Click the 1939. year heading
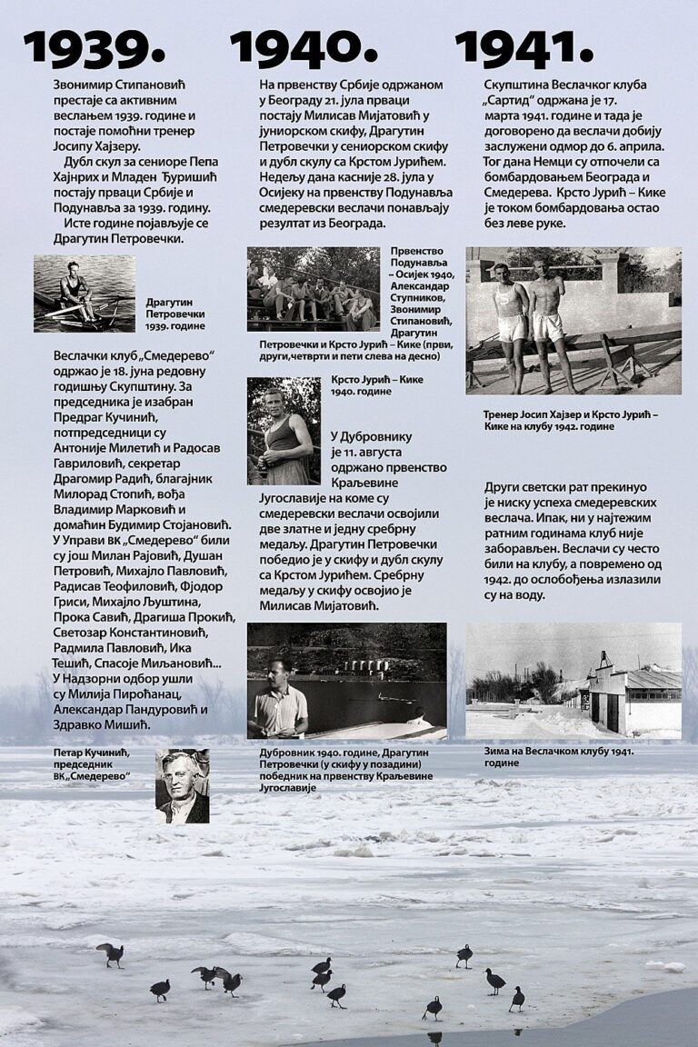[x=95, y=47]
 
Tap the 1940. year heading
[x=304, y=47]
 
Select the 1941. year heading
[x=523, y=47]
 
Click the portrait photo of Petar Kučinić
[x=182, y=785]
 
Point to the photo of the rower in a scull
[x=85, y=294]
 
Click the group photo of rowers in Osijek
[x=314, y=289]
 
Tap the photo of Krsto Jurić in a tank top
[x=284, y=431]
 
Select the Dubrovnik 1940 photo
[x=346, y=680]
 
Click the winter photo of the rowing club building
[x=573, y=680]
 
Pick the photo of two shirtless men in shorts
[x=573, y=320]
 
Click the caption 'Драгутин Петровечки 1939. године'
[x=175, y=314]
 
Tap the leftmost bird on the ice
[x=111, y=953]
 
